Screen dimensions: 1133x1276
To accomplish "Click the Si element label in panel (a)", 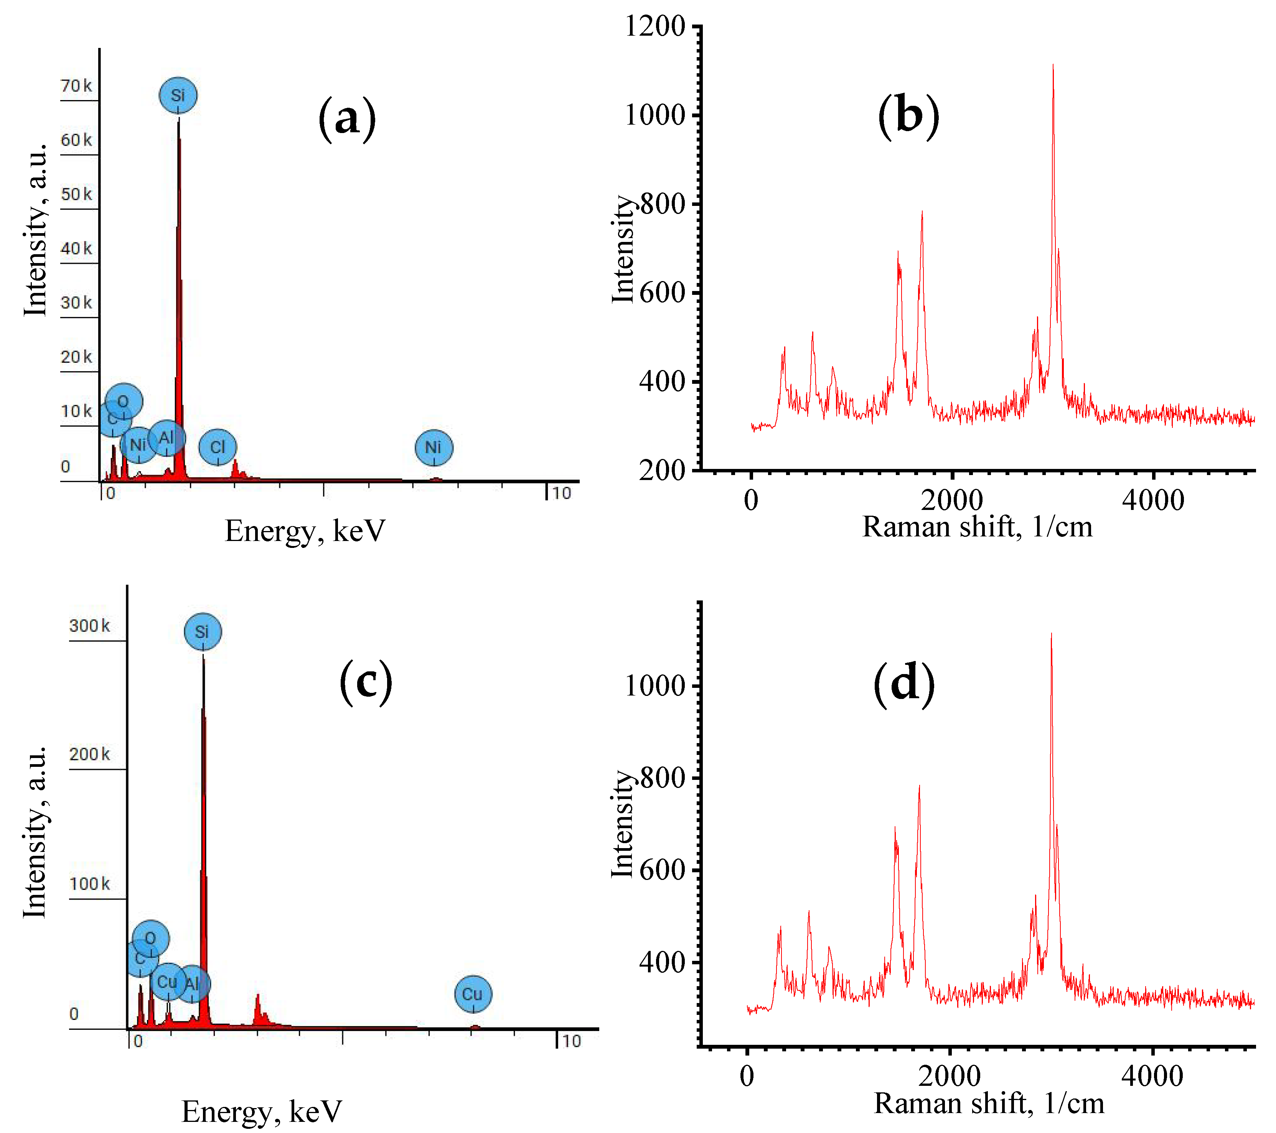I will [x=178, y=95].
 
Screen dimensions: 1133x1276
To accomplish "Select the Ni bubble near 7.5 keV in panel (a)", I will [x=433, y=447].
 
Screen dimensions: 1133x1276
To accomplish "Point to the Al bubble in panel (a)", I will [x=167, y=438].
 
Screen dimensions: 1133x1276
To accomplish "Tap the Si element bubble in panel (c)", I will [x=202, y=631].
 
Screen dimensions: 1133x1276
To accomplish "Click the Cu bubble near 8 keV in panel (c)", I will [x=473, y=994].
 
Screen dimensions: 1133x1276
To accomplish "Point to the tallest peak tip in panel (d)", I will [x=1051, y=634].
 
